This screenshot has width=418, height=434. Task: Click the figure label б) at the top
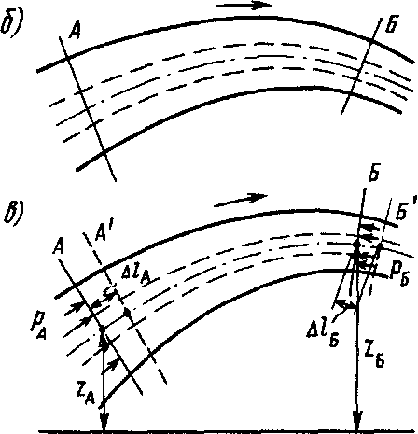(12, 23)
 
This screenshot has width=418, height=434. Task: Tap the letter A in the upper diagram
(75, 31)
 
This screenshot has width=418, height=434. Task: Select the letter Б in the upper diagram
(391, 24)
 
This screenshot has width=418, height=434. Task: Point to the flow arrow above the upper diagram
(244, 6)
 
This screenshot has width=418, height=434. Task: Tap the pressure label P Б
(399, 276)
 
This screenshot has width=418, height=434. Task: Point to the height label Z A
(87, 395)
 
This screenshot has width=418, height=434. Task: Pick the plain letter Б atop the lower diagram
(373, 174)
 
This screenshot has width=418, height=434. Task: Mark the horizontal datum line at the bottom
(229, 432)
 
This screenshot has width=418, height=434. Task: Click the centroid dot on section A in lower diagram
(102, 329)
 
